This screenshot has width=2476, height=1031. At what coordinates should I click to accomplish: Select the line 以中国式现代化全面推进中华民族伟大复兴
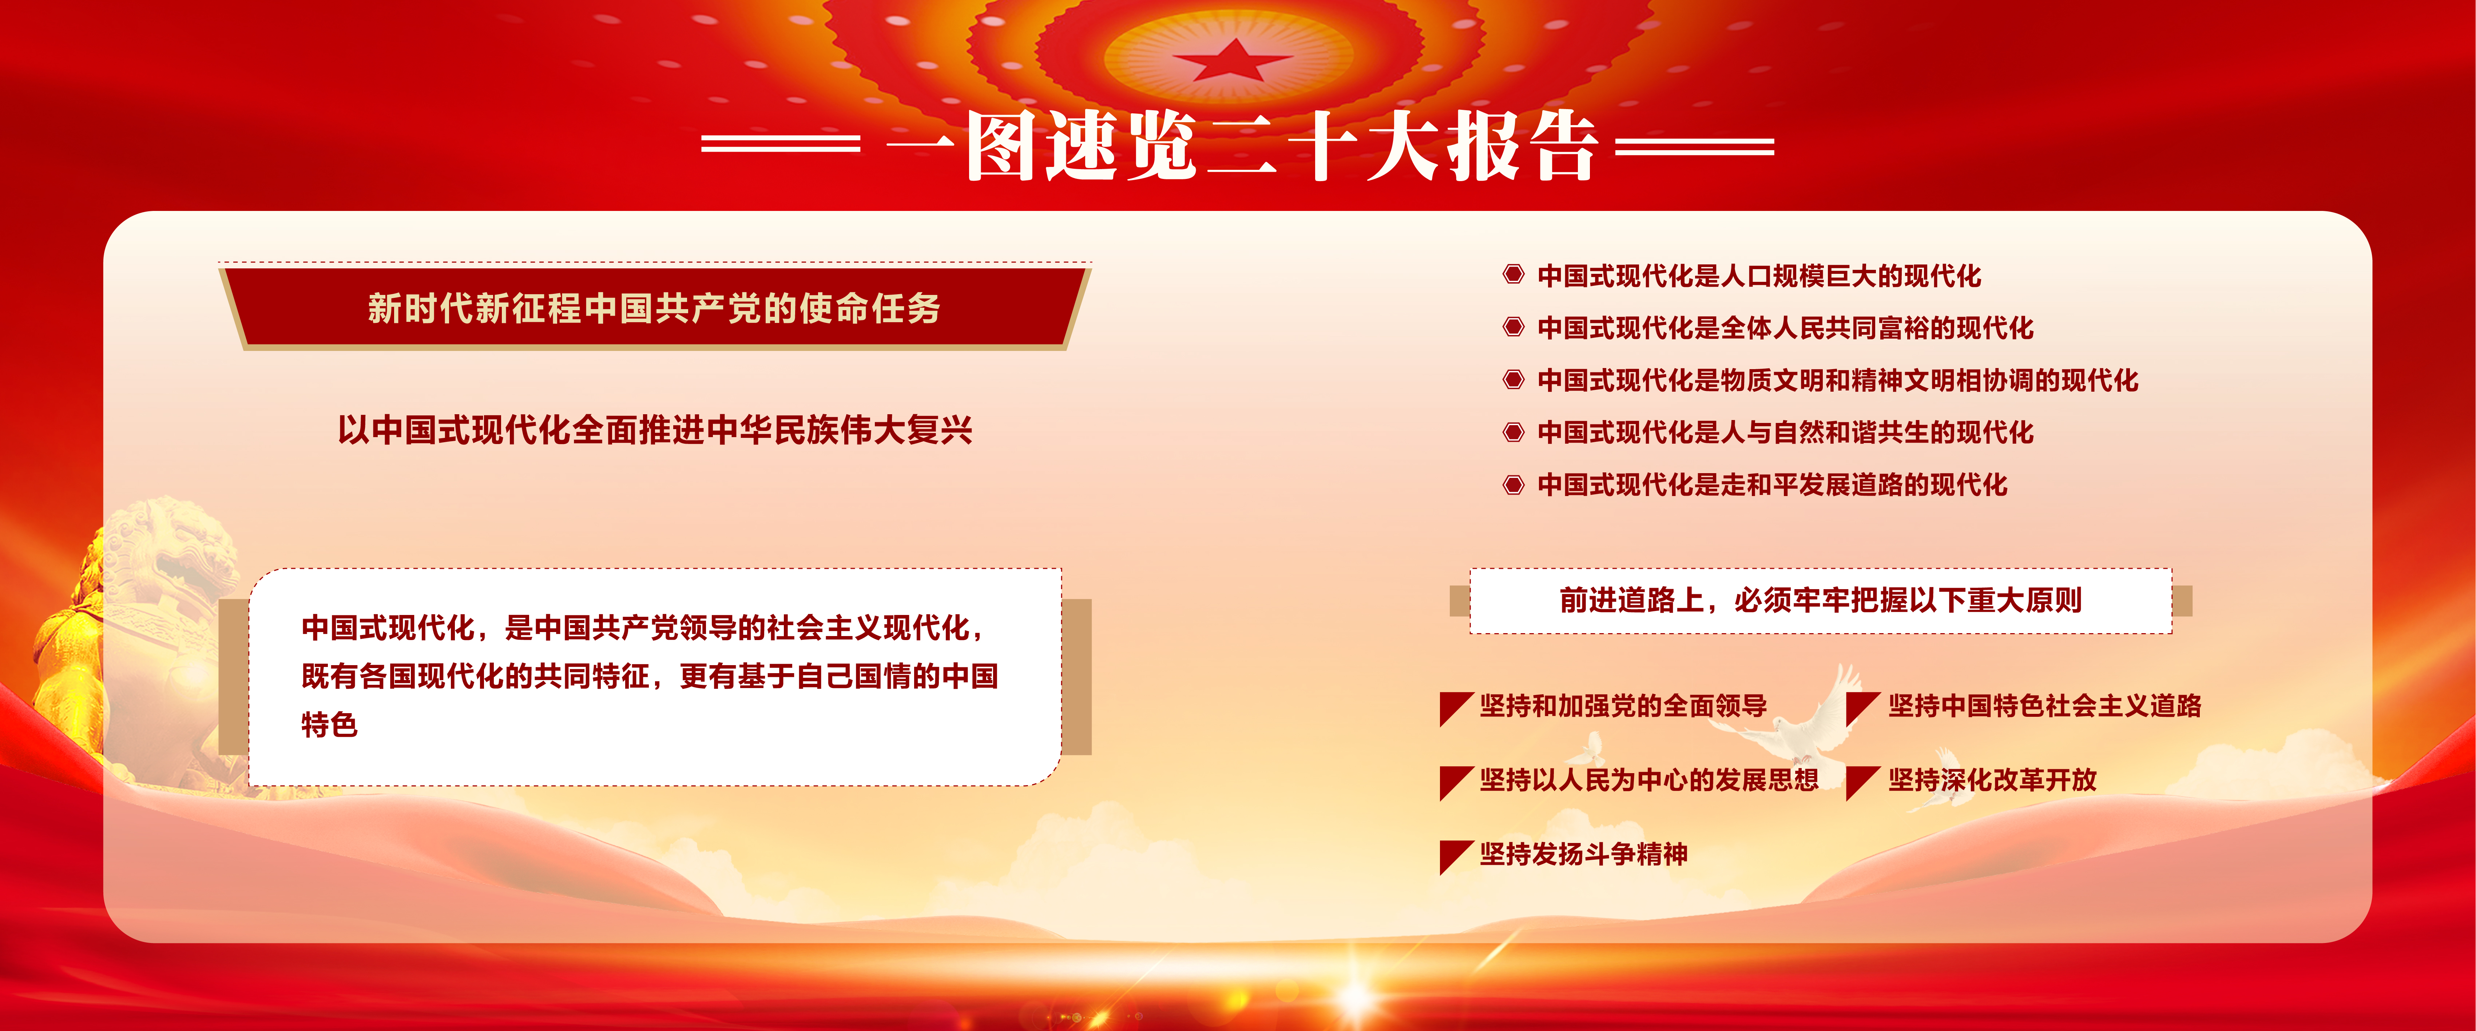coord(655,429)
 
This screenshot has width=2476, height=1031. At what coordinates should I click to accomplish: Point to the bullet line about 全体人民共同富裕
coord(1785,328)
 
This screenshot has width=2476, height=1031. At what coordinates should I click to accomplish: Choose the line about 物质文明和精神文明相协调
coord(1838,380)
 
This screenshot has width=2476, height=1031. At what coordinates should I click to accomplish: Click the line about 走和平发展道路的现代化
coord(1773,484)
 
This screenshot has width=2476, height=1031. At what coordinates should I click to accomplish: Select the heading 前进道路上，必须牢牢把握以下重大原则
coord(1821,600)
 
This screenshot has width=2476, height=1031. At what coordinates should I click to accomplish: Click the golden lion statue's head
coord(168,548)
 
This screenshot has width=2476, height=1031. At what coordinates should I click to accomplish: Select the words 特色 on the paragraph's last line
coord(330,724)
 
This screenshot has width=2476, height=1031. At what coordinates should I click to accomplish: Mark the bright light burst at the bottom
coord(1355,995)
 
